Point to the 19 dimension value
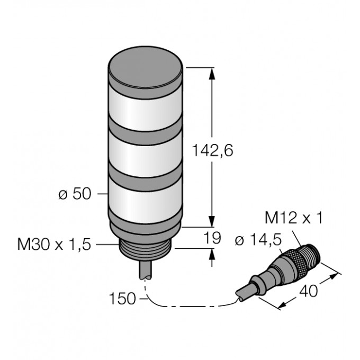213,238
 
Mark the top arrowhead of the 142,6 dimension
213,73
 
